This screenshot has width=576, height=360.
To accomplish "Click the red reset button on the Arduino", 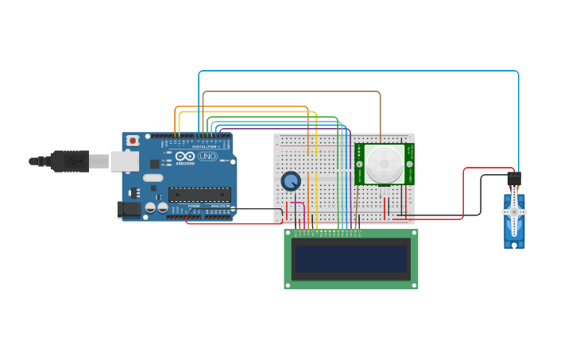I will (132, 141).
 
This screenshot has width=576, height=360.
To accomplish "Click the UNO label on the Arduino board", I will (207, 157).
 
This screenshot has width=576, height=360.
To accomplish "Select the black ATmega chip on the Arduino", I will (199, 194).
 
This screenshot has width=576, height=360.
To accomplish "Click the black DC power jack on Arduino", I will (128, 210).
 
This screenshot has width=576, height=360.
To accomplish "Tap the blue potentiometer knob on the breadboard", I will (291, 181).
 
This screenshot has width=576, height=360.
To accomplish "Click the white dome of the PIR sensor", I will (384, 165).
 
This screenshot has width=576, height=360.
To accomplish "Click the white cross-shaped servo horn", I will (514, 212).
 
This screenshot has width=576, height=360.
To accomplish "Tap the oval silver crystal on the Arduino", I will (153, 168).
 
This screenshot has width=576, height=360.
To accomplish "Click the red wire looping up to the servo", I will (463, 191).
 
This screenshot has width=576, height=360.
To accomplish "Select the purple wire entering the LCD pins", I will (350, 183).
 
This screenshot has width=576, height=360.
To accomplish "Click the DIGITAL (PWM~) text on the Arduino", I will (207, 146).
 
